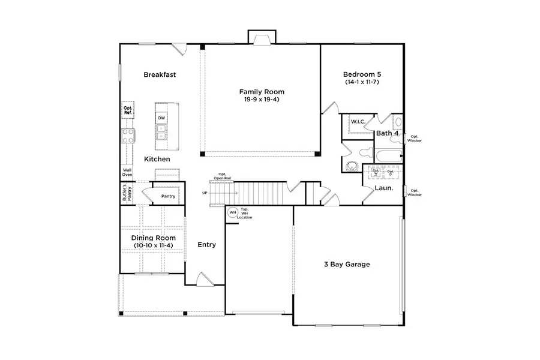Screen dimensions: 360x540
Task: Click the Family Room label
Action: (x=262, y=92)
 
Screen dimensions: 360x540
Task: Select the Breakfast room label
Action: (x=160, y=75)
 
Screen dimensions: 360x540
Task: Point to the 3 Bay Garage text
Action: (x=347, y=264)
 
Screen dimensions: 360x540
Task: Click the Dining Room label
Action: (x=154, y=238)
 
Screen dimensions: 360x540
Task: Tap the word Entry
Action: (x=207, y=245)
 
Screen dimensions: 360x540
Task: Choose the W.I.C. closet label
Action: (x=358, y=122)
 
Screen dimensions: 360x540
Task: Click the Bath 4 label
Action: (x=388, y=133)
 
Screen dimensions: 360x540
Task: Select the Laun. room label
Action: (x=384, y=188)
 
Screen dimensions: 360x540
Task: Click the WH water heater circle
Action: (x=232, y=212)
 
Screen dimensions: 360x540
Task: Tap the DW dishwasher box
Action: (x=161, y=118)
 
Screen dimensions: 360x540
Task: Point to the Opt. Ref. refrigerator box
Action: (x=128, y=110)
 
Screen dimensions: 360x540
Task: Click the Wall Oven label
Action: (x=127, y=172)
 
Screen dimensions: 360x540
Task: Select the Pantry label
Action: (x=168, y=196)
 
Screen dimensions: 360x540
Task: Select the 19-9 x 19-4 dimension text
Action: (x=262, y=100)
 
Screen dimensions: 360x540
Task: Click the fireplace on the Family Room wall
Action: (x=262, y=39)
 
